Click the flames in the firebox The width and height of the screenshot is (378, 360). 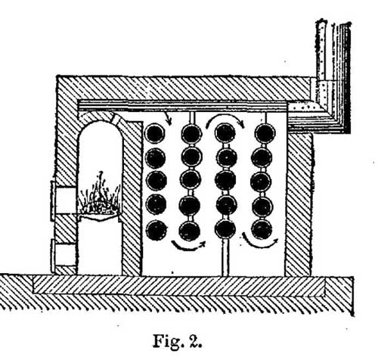[x=100, y=194]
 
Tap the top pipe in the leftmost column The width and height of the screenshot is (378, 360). [x=155, y=133]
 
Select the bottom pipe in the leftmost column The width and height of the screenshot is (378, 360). [x=156, y=230]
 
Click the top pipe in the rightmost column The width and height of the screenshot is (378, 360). [x=265, y=133]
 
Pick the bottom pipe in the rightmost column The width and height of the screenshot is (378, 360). [x=262, y=230]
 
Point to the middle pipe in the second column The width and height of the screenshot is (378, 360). [x=191, y=180]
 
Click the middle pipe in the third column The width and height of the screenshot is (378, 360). [x=225, y=181]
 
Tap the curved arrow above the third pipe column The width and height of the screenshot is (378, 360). [x=225, y=116]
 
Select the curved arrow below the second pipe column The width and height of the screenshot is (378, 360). [x=187, y=247]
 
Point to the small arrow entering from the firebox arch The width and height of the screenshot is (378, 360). [x=167, y=118]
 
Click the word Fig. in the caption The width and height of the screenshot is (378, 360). [x=166, y=341]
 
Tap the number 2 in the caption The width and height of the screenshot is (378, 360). [x=194, y=341]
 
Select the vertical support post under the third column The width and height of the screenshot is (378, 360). [x=225, y=257]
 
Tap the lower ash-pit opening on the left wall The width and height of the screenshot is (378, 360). [x=64, y=252]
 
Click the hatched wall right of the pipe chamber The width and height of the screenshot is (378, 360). [x=299, y=204]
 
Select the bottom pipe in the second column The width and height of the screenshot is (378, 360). [x=190, y=231]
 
